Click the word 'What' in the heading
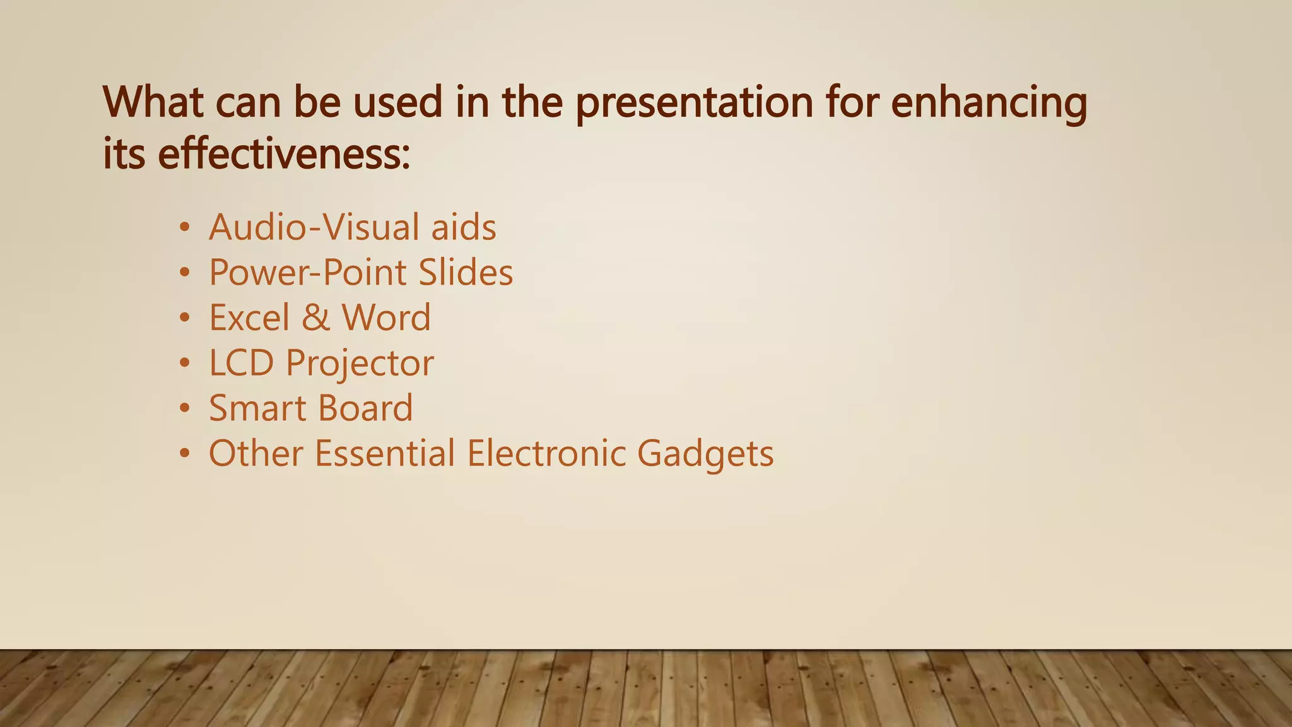click(x=153, y=102)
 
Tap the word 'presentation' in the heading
click(x=695, y=102)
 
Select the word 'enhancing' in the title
click(x=989, y=102)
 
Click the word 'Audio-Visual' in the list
click(x=314, y=227)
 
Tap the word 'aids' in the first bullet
click(x=464, y=227)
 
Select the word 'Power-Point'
click(x=308, y=273)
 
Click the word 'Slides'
click(x=466, y=273)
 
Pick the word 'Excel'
click(x=249, y=317)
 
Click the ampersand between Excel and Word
click(x=315, y=317)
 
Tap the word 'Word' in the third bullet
click(x=386, y=317)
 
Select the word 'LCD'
click(x=241, y=363)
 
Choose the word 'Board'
click(x=365, y=408)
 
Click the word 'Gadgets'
click(x=705, y=454)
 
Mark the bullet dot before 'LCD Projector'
click(x=184, y=363)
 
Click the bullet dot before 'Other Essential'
click(x=184, y=454)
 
